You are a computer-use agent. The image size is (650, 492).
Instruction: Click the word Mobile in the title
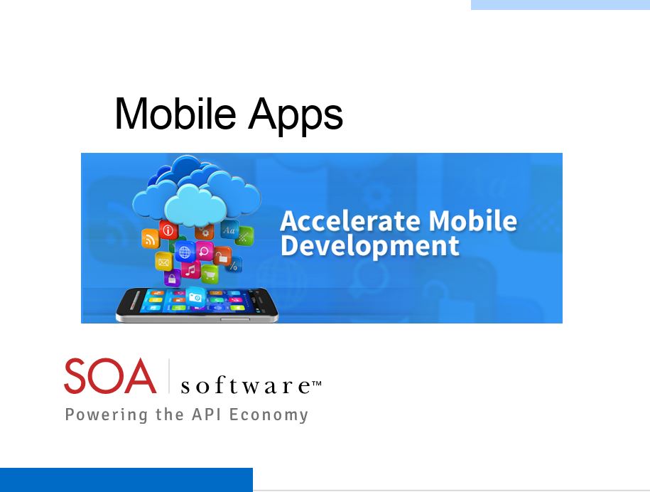[175, 113]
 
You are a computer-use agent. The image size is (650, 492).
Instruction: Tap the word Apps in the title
[296, 115]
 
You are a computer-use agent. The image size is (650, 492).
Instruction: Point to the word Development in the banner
[370, 246]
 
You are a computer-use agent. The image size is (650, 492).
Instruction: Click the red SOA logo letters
[110, 376]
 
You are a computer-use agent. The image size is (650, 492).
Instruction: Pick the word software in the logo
[245, 386]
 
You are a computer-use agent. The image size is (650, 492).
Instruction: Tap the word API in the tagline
[205, 414]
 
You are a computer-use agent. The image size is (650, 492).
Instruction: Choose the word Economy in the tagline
[269, 415]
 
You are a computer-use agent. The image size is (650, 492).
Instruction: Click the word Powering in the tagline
[107, 415]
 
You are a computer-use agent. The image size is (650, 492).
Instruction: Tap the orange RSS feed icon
[150, 239]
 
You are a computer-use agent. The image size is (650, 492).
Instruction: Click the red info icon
[168, 230]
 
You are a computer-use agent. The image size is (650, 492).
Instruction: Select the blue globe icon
[185, 252]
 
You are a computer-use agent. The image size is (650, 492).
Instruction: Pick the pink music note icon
[190, 270]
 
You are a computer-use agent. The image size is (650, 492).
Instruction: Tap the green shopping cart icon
[210, 274]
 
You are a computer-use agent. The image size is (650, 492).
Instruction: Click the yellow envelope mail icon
[163, 262]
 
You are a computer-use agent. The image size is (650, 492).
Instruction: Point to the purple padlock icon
[172, 279]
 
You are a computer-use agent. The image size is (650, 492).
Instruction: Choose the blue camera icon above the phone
[194, 297]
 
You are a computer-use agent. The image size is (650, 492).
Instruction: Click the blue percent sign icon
[234, 264]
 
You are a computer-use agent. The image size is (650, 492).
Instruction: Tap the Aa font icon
[229, 230]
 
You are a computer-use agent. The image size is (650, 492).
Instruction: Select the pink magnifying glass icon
[205, 251]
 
